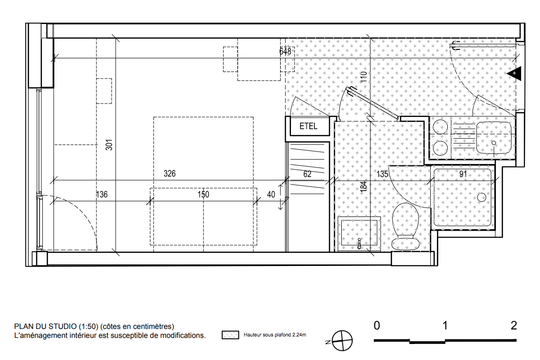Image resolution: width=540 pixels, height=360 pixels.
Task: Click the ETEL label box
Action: (x=308, y=126)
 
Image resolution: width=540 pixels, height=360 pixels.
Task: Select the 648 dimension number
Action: (x=285, y=51)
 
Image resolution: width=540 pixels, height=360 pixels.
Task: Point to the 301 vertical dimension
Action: (x=109, y=144)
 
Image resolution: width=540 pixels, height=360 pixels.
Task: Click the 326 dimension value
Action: (x=169, y=174)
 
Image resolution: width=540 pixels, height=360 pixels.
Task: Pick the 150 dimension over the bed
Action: (x=203, y=194)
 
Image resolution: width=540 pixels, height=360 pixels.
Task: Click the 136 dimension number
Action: (x=102, y=194)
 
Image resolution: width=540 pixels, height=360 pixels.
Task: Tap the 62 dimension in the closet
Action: (x=307, y=174)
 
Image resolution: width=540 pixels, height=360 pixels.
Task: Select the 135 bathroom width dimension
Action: (x=382, y=174)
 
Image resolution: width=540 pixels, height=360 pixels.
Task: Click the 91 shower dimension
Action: (x=463, y=174)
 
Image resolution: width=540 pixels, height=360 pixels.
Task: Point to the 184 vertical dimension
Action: (x=363, y=186)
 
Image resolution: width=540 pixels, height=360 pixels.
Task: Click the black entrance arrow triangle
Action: (x=514, y=73)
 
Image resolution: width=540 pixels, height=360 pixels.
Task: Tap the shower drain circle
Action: (x=482, y=197)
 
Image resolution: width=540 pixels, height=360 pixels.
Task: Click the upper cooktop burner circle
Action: (x=440, y=127)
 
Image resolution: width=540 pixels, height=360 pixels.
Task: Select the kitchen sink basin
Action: (x=494, y=137)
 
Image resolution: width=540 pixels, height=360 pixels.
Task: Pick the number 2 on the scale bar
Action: (x=514, y=325)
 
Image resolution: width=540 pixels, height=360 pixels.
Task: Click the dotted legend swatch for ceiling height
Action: (x=230, y=335)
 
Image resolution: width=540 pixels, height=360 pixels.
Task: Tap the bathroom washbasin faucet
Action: (x=359, y=243)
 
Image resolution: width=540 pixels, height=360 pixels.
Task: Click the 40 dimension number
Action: (x=271, y=194)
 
